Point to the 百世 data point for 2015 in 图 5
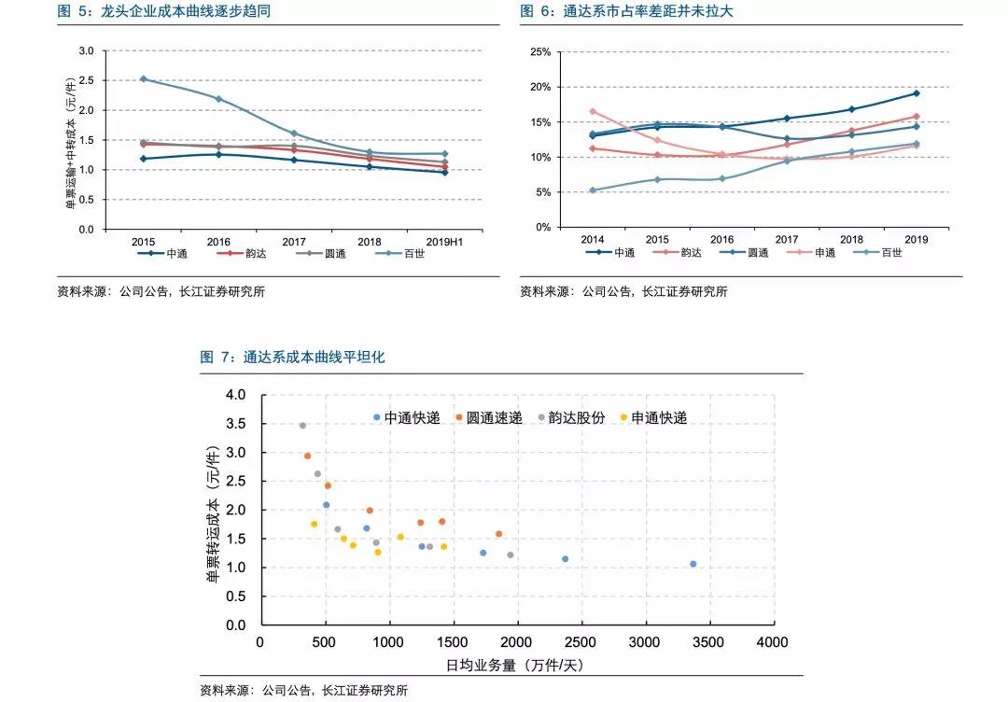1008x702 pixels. pos(143,79)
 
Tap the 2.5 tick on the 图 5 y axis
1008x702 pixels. pos(86,80)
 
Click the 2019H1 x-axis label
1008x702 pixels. pos(444,240)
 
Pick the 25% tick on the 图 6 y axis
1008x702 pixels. pos(539,51)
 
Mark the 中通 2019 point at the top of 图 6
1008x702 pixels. pos(916,93)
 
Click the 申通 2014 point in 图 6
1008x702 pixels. pos(594,111)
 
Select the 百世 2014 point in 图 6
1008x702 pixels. pos(594,190)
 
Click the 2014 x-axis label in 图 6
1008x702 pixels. pos(594,240)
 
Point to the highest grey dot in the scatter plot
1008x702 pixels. pos(302,426)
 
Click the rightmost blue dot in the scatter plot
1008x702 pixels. pos(693,564)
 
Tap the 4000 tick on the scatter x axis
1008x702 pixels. pos(772,642)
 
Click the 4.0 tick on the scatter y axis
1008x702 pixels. pos(235,396)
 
